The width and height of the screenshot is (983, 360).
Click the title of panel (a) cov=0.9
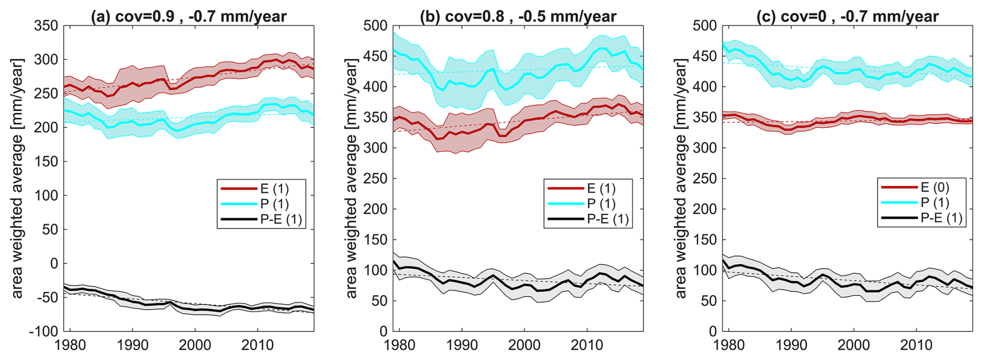pos(189,17)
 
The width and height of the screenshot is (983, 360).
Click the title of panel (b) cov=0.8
pos(518,17)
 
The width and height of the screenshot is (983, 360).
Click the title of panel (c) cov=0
pos(847,17)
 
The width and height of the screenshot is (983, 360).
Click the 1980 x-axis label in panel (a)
pos(70,345)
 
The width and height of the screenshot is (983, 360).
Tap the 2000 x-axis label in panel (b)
pos(524,345)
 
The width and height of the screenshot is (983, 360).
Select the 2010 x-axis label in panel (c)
pos(916,345)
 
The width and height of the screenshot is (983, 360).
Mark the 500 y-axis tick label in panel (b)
pos(376,25)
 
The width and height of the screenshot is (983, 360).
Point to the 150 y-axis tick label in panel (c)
pos(705,239)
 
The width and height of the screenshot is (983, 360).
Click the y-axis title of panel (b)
pos(352,178)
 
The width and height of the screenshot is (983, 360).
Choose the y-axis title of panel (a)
pos(17,178)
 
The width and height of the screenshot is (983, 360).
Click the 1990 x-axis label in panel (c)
pos(791,345)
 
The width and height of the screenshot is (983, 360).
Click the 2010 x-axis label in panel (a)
pos(258,345)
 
